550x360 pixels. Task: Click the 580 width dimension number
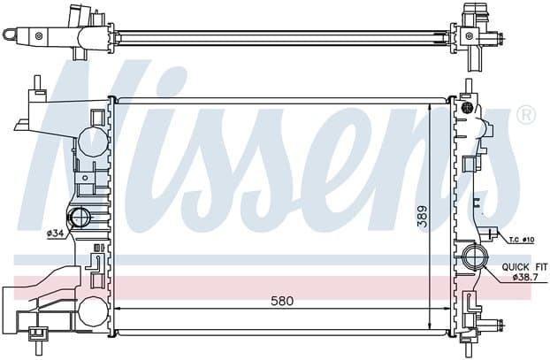coord(282,301)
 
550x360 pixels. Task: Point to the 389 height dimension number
coord(424,216)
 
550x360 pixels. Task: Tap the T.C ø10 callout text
coord(522,240)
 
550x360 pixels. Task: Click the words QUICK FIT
coord(524,267)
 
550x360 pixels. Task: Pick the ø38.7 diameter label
coord(524,277)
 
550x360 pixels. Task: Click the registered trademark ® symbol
coord(526,114)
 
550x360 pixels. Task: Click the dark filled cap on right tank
coord(469,107)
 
